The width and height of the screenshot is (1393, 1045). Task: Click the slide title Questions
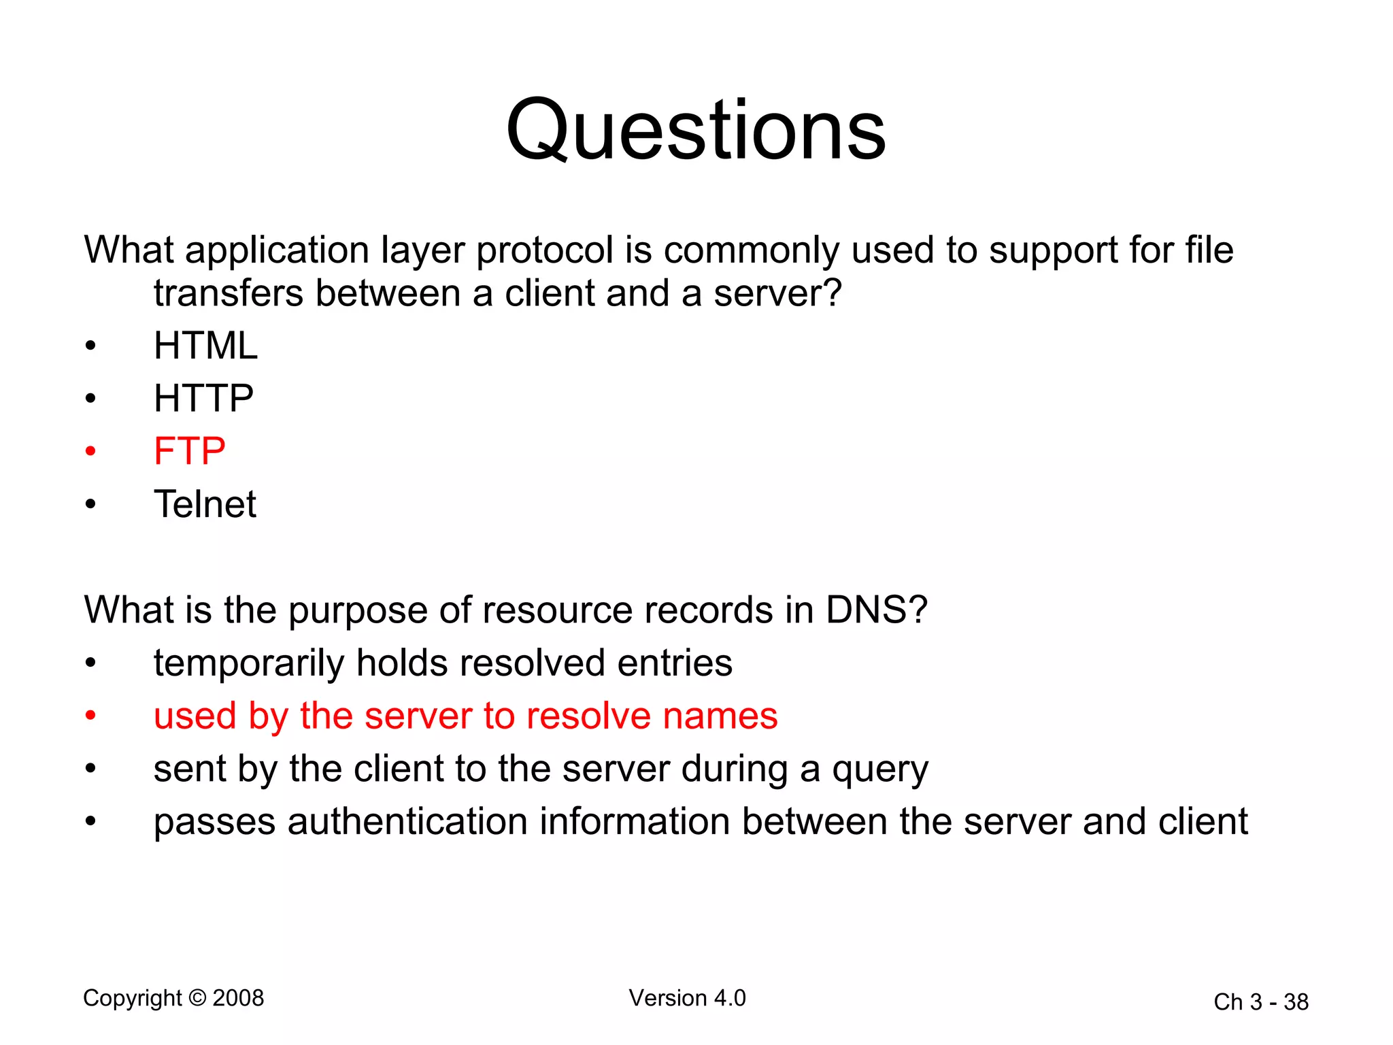[x=696, y=130]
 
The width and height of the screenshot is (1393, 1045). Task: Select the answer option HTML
[x=205, y=346]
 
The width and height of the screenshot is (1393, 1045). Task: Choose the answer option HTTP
[x=203, y=398]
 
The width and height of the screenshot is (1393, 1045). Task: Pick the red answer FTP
[x=189, y=451]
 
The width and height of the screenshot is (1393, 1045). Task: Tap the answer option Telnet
[x=205, y=504]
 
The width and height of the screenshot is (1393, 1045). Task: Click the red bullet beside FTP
[x=90, y=451]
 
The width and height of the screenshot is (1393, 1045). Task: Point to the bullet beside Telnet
[x=90, y=505]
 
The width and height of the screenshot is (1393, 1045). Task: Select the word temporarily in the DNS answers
[x=248, y=663]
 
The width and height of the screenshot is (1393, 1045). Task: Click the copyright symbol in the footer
[x=197, y=998]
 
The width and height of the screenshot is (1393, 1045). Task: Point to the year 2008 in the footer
[x=238, y=998]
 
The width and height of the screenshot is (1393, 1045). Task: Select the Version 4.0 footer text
[x=687, y=998]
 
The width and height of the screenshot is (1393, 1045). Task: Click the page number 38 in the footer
[x=1296, y=1002]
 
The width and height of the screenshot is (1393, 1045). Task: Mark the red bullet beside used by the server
[x=90, y=716]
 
